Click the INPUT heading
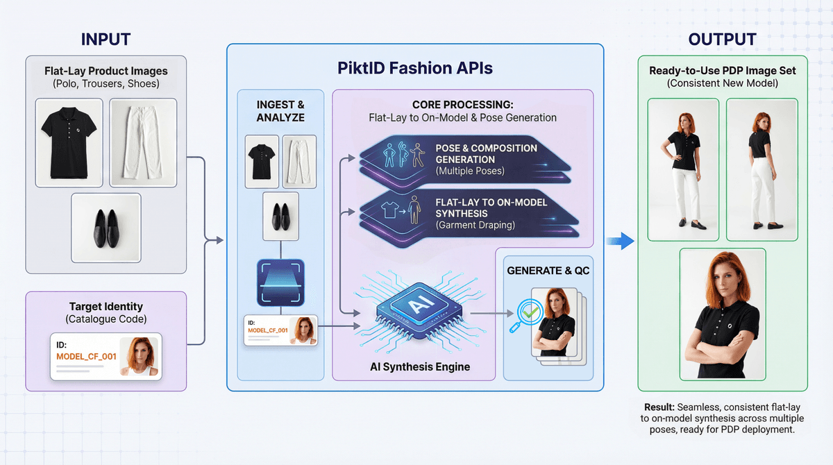point(106,39)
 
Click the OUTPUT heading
point(723,39)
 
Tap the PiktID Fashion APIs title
point(415,69)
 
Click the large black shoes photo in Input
point(106,227)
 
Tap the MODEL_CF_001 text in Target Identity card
point(86,356)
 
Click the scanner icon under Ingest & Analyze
point(280,282)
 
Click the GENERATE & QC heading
point(548,270)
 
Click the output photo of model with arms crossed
point(723,314)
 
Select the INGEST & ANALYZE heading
point(280,111)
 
